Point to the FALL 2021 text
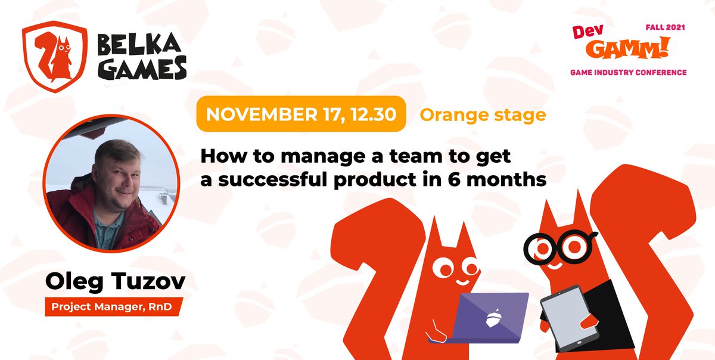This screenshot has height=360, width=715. coord(666,28)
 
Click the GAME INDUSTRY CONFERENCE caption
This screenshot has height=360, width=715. coord(629,72)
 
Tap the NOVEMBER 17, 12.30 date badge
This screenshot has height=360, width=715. coord(301,113)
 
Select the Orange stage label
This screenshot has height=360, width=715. coord(483,114)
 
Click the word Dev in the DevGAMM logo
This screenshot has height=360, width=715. coord(585,32)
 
